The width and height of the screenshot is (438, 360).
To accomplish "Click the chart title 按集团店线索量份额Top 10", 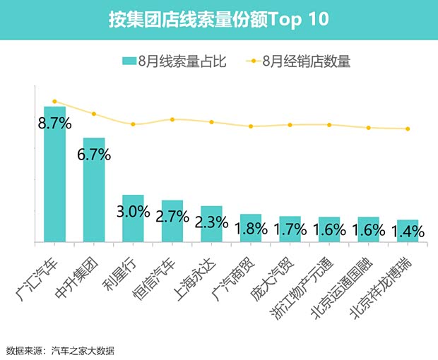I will point(218,19).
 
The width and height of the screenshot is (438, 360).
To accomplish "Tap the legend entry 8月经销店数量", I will point(296,61).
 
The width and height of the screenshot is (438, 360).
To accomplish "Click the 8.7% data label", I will point(54,124).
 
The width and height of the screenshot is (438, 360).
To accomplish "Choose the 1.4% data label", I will point(407,231).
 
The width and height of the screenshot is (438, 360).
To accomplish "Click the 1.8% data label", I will point(250,229).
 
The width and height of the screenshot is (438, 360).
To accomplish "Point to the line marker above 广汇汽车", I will point(54,102).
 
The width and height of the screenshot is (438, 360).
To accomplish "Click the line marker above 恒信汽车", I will point(172,119).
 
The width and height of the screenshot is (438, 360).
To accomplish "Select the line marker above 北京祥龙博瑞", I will point(408,129).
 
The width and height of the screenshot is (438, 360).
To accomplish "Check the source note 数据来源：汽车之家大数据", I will point(60,350).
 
